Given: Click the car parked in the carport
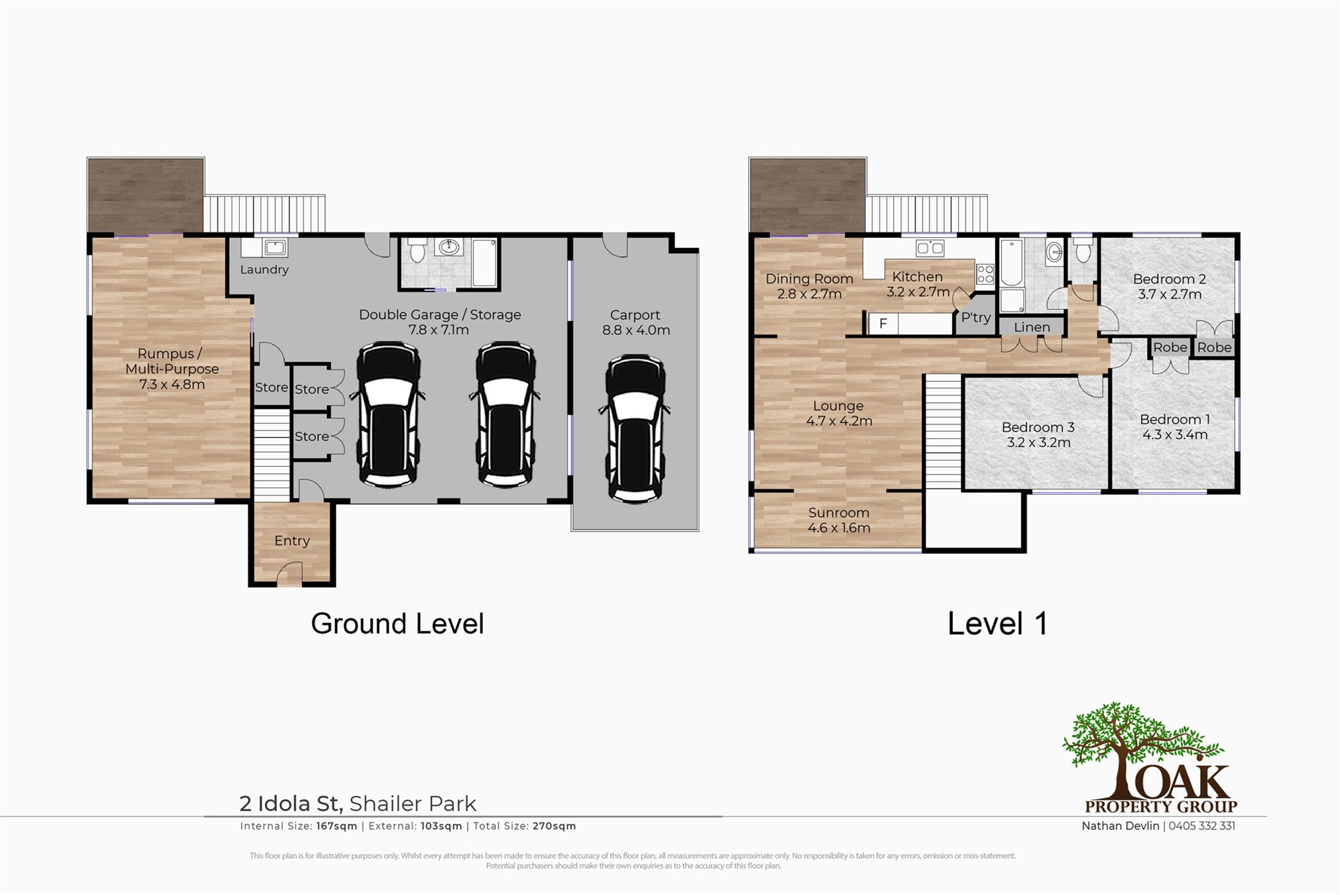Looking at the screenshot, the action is click(x=636, y=428).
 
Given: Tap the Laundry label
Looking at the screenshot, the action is click(x=265, y=270).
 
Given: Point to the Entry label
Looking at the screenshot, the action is click(x=292, y=541).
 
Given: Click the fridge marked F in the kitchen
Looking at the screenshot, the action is click(x=883, y=324).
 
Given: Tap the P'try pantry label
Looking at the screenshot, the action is click(x=976, y=318).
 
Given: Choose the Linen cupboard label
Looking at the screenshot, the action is click(x=1032, y=327).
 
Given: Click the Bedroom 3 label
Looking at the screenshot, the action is click(x=1038, y=427).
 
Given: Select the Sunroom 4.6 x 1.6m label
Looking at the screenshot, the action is click(x=839, y=520).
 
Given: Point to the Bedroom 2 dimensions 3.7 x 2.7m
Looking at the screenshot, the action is click(x=1170, y=294).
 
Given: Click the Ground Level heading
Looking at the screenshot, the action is click(x=397, y=623).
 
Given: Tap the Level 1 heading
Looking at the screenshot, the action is click(x=998, y=623).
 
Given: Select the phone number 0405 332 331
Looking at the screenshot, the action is click(x=1202, y=826).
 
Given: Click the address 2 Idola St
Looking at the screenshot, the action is click(x=291, y=803).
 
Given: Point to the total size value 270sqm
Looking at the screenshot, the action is click(x=554, y=826).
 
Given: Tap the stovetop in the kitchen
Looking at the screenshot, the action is click(x=985, y=274).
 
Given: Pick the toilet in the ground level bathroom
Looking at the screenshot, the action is click(x=417, y=249).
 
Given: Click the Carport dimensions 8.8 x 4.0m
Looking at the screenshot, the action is click(x=636, y=330).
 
